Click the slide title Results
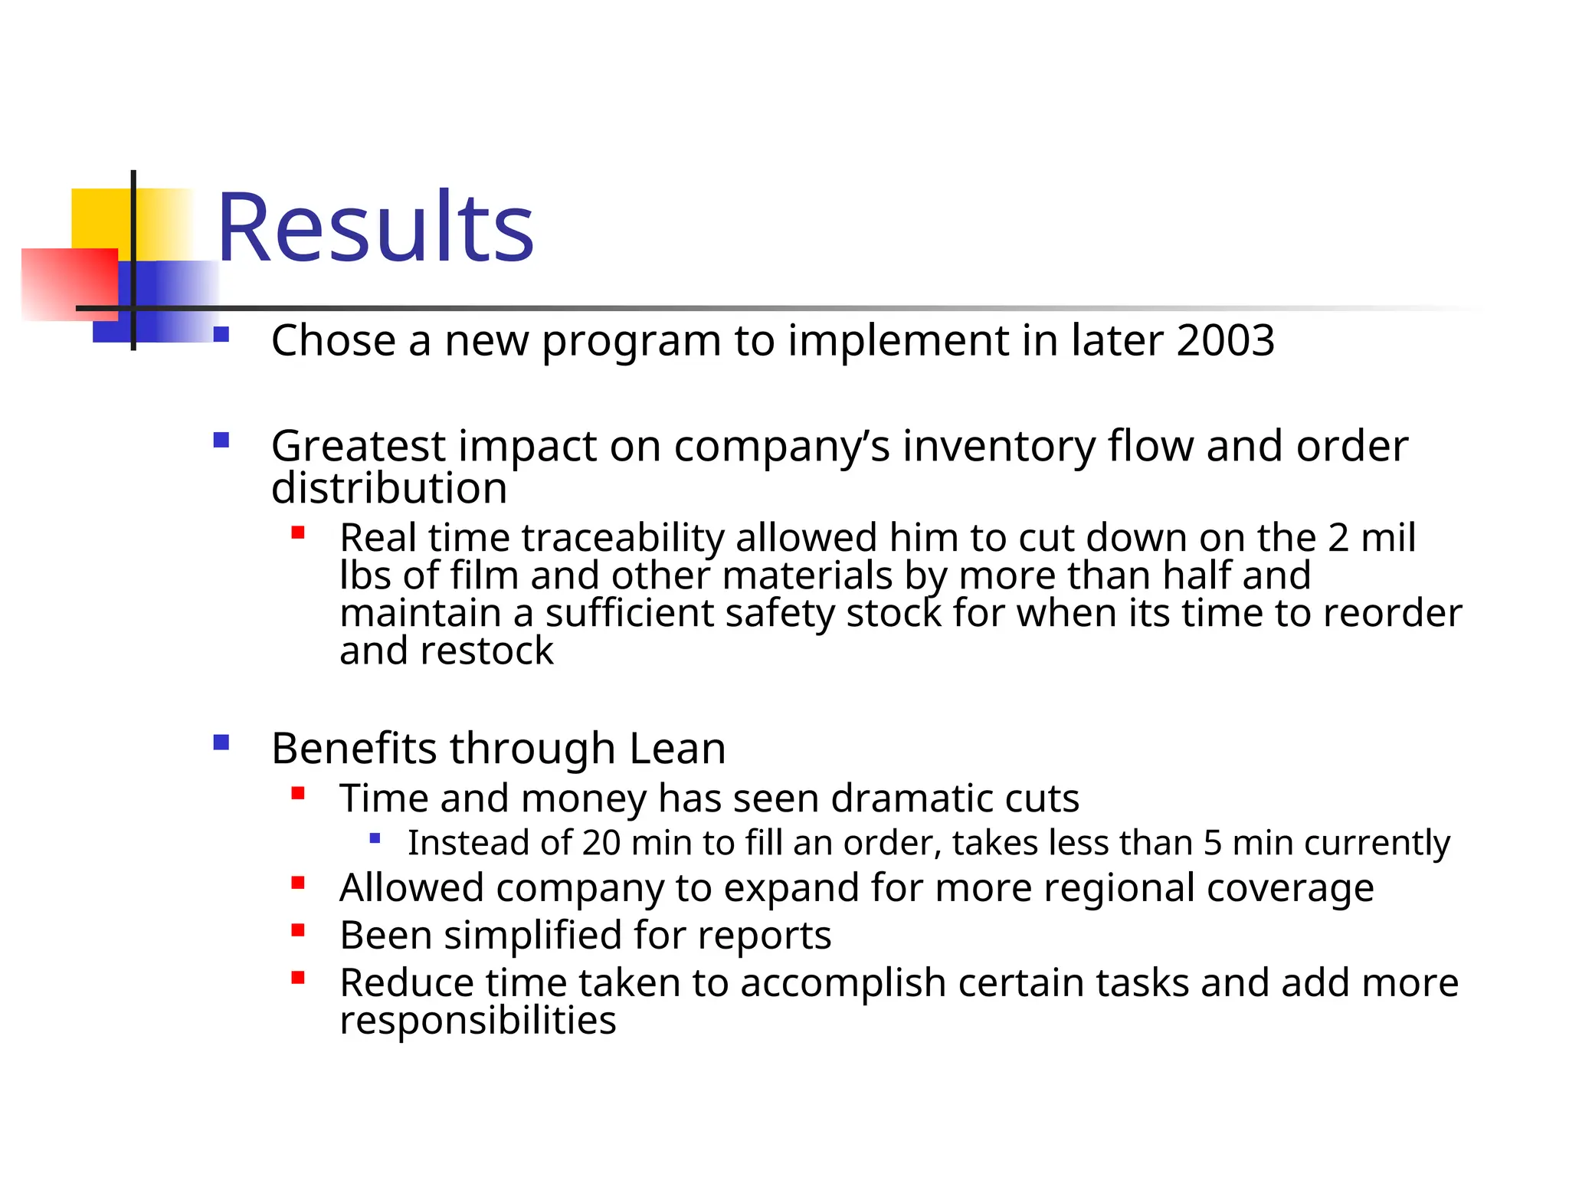pyautogui.click(x=375, y=228)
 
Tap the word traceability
pyautogui.click(x=622, y=537)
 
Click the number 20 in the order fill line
pyautogui.click(x=601, y=843)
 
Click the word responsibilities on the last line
pyautogui.click(x=477, y=1020)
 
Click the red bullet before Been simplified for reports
pyautogui.click(x=298, y=931)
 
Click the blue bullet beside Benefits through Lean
pyautogui.click(x=221, y=742)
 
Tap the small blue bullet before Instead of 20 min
pyautogui.click(x=375, y=838)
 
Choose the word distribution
pyautogui.click(x=389, y=488)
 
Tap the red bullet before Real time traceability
pyautogui.click(x=298, y=533)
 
